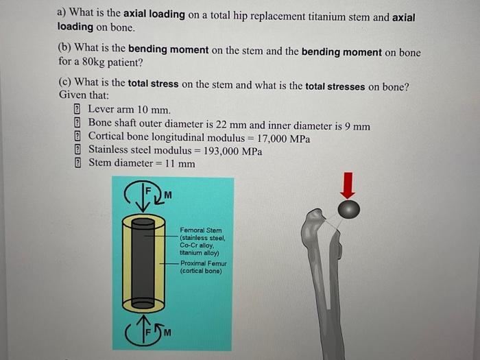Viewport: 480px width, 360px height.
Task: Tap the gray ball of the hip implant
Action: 349,208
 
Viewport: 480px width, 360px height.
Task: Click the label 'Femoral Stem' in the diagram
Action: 200,231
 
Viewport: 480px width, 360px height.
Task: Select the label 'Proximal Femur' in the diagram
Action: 203,263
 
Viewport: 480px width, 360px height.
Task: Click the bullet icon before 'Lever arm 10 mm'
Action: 77,110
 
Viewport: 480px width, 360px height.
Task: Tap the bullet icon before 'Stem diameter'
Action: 77,163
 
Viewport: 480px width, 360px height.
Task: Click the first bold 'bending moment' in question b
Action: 164,53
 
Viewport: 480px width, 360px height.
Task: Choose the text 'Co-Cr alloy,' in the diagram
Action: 198,245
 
